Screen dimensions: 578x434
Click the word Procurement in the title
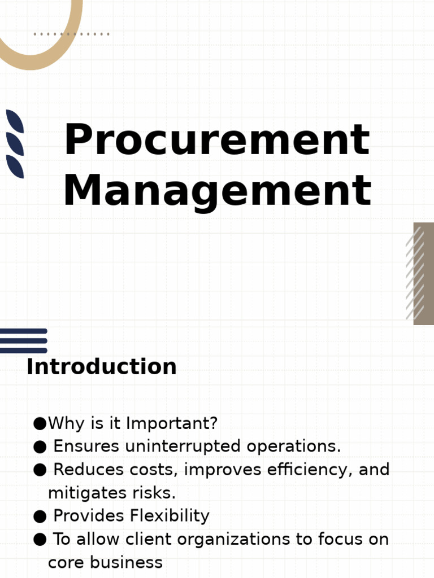point(216,140)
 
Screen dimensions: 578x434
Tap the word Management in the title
point(217,191)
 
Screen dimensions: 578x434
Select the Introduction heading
point(101,367)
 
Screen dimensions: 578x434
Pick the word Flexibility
point(170,516)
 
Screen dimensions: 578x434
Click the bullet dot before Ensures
point(40,447)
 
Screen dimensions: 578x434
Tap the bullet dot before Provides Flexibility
point(40,516)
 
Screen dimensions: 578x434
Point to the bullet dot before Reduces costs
point(40,470)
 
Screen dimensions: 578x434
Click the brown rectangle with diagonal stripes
point(423,273)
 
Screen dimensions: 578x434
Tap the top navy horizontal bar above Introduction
point(23,331)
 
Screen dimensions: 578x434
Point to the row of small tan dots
point(71,34)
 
